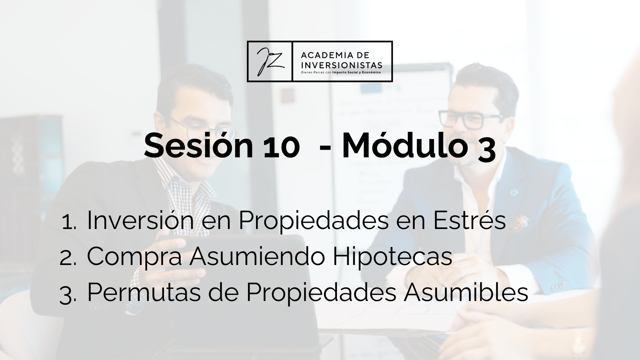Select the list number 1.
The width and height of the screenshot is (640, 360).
point(69,222)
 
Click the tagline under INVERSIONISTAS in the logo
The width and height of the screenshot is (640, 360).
point(341,72)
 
